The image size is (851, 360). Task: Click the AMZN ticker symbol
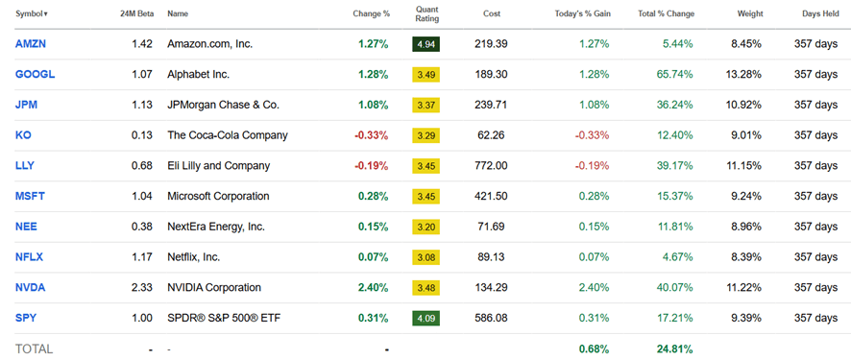31,44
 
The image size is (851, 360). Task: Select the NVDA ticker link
31,287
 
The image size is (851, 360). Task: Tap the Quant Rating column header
426,13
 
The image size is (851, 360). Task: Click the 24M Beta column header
131,14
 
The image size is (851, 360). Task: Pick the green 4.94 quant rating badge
426,44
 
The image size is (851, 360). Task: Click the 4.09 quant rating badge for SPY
426,318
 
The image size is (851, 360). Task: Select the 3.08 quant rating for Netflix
426,257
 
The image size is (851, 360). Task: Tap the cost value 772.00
491,166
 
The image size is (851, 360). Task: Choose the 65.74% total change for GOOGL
671,74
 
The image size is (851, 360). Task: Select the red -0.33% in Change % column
372,135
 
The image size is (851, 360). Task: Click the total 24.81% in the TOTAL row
671,348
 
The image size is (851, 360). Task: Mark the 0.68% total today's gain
595,348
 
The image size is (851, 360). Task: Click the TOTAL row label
34,348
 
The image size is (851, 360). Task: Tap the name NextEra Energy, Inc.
216,227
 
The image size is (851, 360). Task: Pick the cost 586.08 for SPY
491,318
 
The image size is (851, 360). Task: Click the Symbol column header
31,14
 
